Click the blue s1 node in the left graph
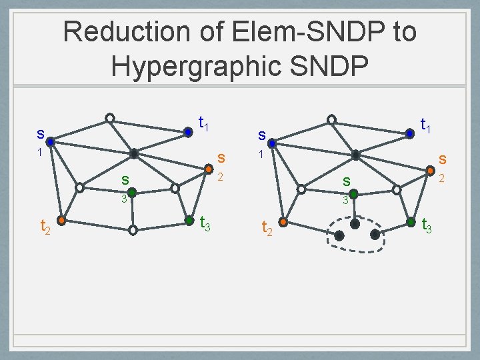pyautogui.click(x=51, y=141)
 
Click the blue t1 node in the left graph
pyautogui.click(x=189, y=132)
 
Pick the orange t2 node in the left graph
pyautogui.click(x=61, y=219)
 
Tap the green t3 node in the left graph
pyautogui.click(x=191, y=219)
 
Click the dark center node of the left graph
pyautogui.click(x=133, y=153)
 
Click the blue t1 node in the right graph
pyautogui.click(x=410, y=133)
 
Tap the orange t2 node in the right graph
pyautogui.click(x=283, y=221)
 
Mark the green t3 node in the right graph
pyautogui.click(x=412, y=221)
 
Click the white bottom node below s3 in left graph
pyautogui.click(x=133, y=230)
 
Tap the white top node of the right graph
pyautogui.click(x=331, y=121)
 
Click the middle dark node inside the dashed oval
pyautogui.click(x=355, y=225)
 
